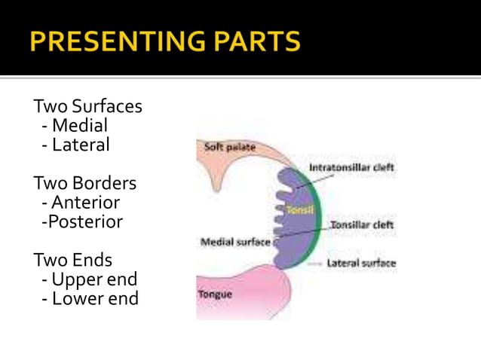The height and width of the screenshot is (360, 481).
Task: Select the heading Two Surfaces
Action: (87, 106)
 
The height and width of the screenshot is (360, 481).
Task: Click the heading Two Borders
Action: (85, 183)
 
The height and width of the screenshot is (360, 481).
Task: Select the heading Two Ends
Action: (73, 260)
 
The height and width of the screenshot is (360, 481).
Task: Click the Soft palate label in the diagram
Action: (230, 147)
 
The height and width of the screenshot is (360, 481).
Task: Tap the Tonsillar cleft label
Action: (363, 224)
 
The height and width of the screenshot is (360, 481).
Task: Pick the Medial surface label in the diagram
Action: (235, 243)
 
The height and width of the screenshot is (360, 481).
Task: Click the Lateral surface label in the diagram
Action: (361, 264)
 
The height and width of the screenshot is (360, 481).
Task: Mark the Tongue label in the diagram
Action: (216, 294)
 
